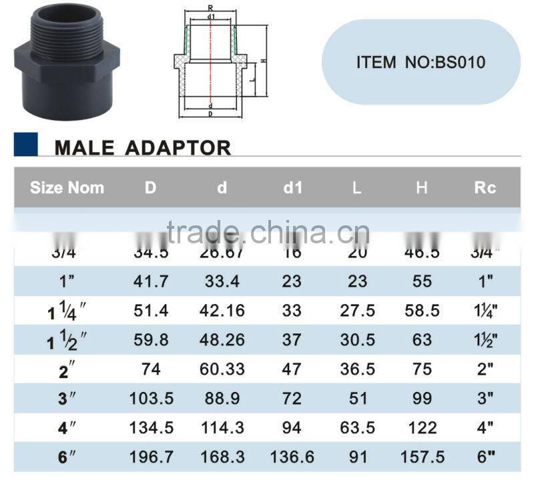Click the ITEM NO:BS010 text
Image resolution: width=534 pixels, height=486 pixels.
coord(421,63)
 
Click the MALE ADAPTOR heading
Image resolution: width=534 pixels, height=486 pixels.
coord(142,147)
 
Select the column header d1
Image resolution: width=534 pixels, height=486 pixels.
coord(292,188)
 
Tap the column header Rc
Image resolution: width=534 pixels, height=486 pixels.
coord(485,188)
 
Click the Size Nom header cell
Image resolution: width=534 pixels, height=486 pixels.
coord(67,188)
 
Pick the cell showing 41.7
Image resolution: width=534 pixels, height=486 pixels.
coord(151,281)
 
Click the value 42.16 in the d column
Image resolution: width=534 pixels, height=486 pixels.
coord(222,311)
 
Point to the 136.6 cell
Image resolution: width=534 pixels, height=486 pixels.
coord(292,457)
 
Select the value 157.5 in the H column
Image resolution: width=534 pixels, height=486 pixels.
coord(421,457)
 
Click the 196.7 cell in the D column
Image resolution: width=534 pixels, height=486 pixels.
coord(151,457)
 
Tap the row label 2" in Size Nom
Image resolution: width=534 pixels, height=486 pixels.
coord(67,369)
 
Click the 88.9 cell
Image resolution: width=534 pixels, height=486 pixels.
coord(222,399)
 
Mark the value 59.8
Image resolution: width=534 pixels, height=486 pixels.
coord(151,340)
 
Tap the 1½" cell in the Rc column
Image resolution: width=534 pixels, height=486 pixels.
coord(485,340)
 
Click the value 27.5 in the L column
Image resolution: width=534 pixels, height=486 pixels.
coord(357,311)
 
